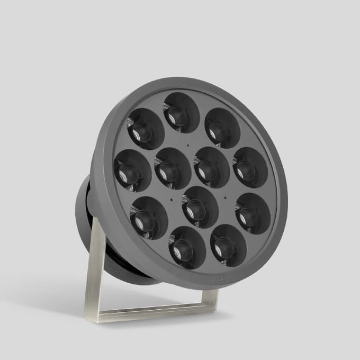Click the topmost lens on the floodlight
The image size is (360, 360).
[x=181, y=112]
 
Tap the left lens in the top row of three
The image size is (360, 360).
[x=146, y=129]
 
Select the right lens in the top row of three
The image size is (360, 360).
[x=222, y=128]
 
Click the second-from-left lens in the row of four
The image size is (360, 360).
[x=173, y=168]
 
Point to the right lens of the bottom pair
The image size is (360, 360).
[x=228, y=244]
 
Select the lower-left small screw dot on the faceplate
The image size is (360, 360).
[x=172, y=199]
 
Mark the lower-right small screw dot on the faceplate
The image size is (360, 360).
[x=226, y=198]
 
